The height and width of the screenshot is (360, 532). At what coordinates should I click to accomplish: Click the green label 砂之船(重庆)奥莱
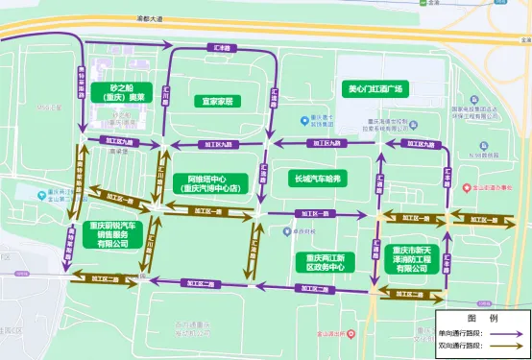125,93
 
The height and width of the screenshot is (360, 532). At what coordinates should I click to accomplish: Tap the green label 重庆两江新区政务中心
325,262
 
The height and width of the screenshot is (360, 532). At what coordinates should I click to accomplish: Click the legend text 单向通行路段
461,330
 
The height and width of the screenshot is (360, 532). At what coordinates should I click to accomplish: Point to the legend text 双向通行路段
461,345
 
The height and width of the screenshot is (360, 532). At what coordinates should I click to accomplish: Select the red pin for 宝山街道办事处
466,188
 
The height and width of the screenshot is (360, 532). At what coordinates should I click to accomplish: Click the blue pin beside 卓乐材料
286,231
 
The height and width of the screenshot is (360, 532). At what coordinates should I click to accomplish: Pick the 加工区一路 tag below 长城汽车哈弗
311,213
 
